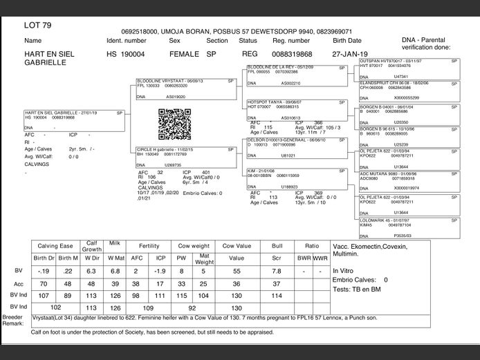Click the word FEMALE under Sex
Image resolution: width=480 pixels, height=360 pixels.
click(x=183, y=54)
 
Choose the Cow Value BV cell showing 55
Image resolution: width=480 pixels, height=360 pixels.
click(x=237, y=271)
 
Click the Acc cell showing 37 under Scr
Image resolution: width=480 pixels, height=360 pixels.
click(x=277, y=284)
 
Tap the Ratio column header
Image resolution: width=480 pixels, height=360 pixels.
click(x=312, y=245)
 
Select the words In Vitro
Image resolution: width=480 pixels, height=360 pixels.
click(x=344, y=270)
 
